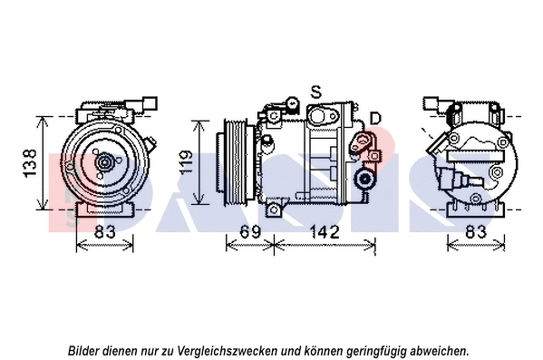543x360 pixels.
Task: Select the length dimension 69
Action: tap(250, 232)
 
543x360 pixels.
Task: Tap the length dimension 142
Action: tap(324, 232)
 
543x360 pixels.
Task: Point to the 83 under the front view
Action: tap(105, 232)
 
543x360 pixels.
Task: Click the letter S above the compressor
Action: tap(315, 92)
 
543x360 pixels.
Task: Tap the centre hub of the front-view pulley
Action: tap(104, 163)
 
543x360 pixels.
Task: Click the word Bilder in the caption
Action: tap(85, 349)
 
